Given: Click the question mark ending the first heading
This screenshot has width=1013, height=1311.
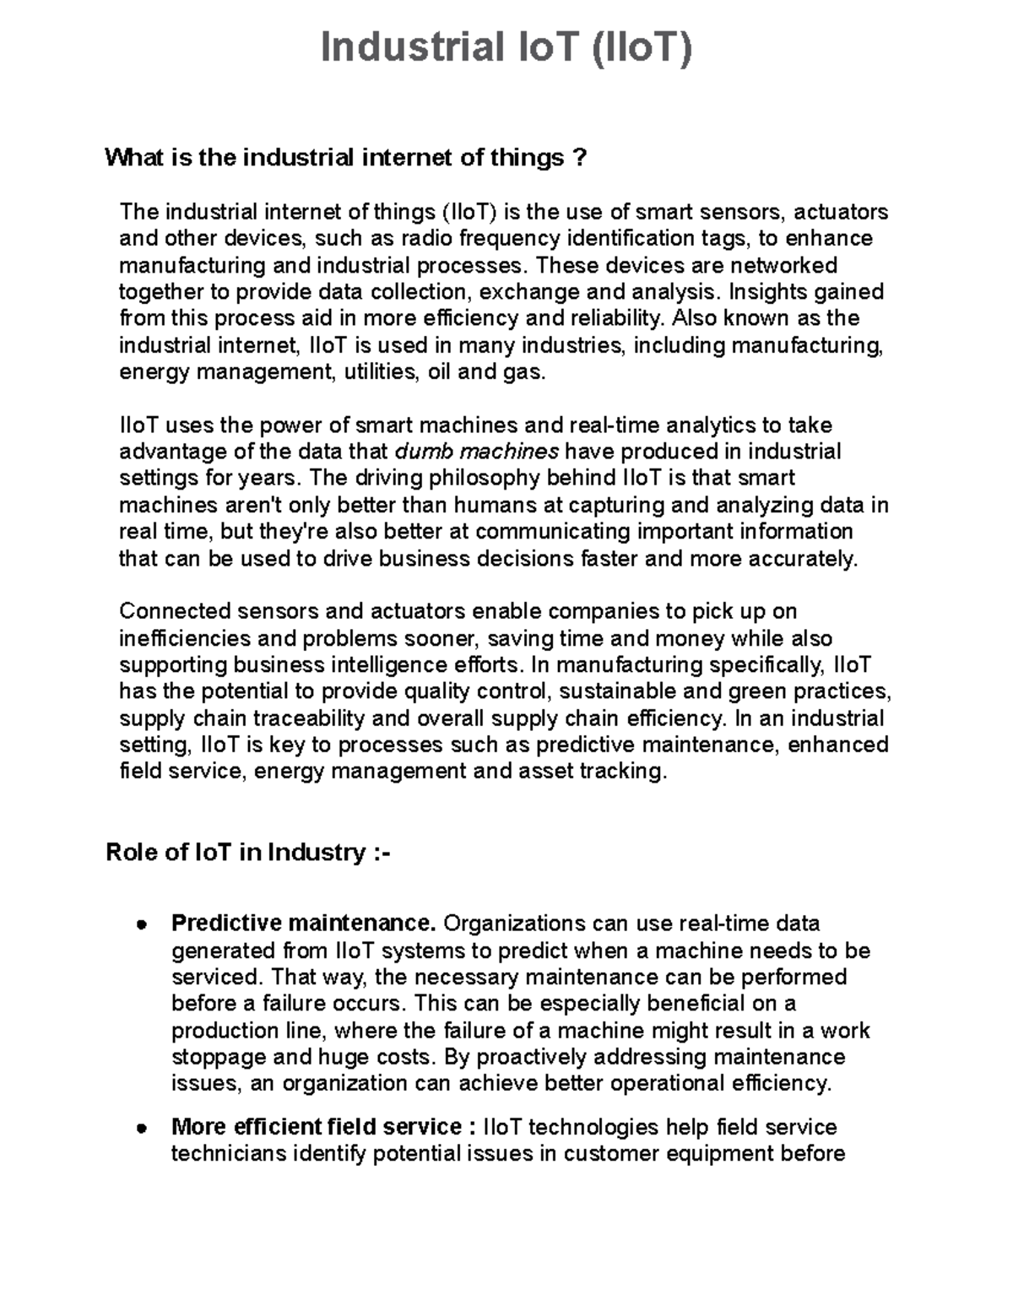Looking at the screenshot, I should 578,158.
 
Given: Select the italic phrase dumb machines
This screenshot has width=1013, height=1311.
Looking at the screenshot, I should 477,452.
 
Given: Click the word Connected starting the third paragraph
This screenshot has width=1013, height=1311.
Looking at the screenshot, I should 174,611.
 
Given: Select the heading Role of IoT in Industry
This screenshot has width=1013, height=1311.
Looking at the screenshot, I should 248,853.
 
